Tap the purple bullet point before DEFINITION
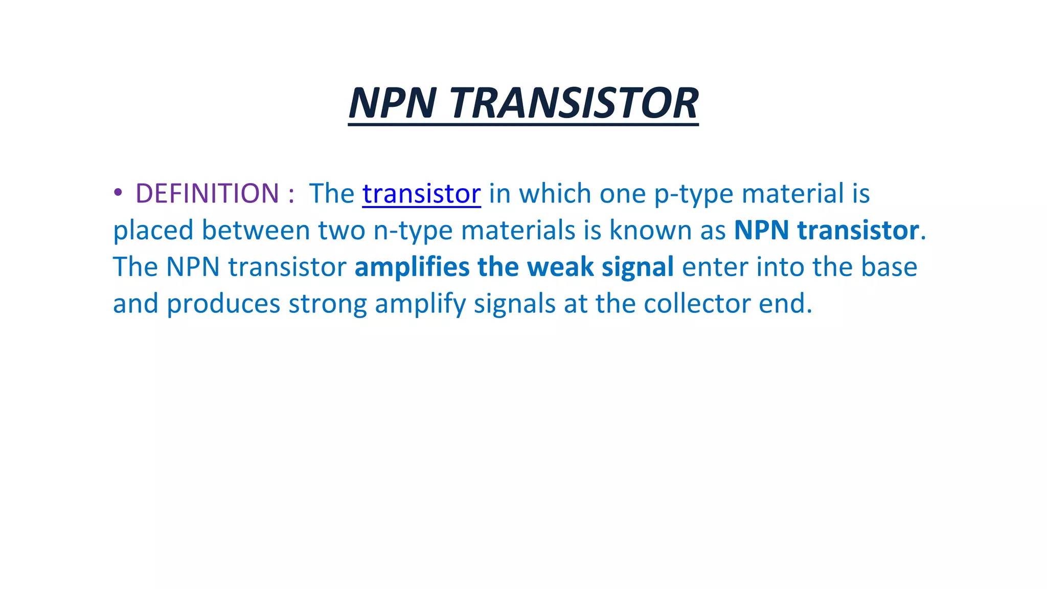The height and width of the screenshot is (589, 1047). (118, 193)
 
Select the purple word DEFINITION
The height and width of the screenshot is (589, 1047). (207, 193)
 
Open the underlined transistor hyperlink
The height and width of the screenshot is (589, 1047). (421, 193)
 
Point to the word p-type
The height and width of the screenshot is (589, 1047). (694, 194)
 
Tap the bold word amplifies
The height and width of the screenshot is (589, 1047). (412, 267)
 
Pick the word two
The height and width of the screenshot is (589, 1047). (342, 230)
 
